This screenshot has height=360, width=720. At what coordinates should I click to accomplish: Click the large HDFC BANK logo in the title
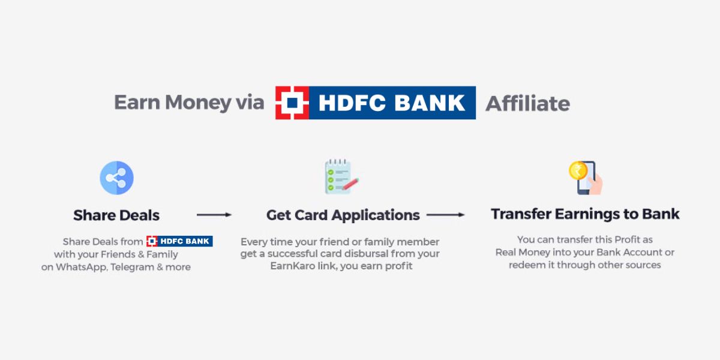376,103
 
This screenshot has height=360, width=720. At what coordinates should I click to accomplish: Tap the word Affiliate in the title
527,103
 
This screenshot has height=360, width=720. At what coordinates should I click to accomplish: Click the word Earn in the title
137,103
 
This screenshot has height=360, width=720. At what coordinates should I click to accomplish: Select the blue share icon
116,178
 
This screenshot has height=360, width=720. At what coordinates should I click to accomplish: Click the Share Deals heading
116,215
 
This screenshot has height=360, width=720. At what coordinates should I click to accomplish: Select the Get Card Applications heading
343,215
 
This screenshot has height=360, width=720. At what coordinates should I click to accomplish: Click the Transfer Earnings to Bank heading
585,214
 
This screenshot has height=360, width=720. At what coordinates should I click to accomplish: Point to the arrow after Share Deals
214,215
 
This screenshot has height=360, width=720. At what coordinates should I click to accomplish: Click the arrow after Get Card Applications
445,215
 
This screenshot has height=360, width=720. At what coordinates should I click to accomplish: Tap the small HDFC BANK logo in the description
179,241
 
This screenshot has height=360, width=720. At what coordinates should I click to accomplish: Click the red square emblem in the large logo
292,103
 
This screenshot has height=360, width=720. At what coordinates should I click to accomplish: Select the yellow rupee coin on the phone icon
577,170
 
